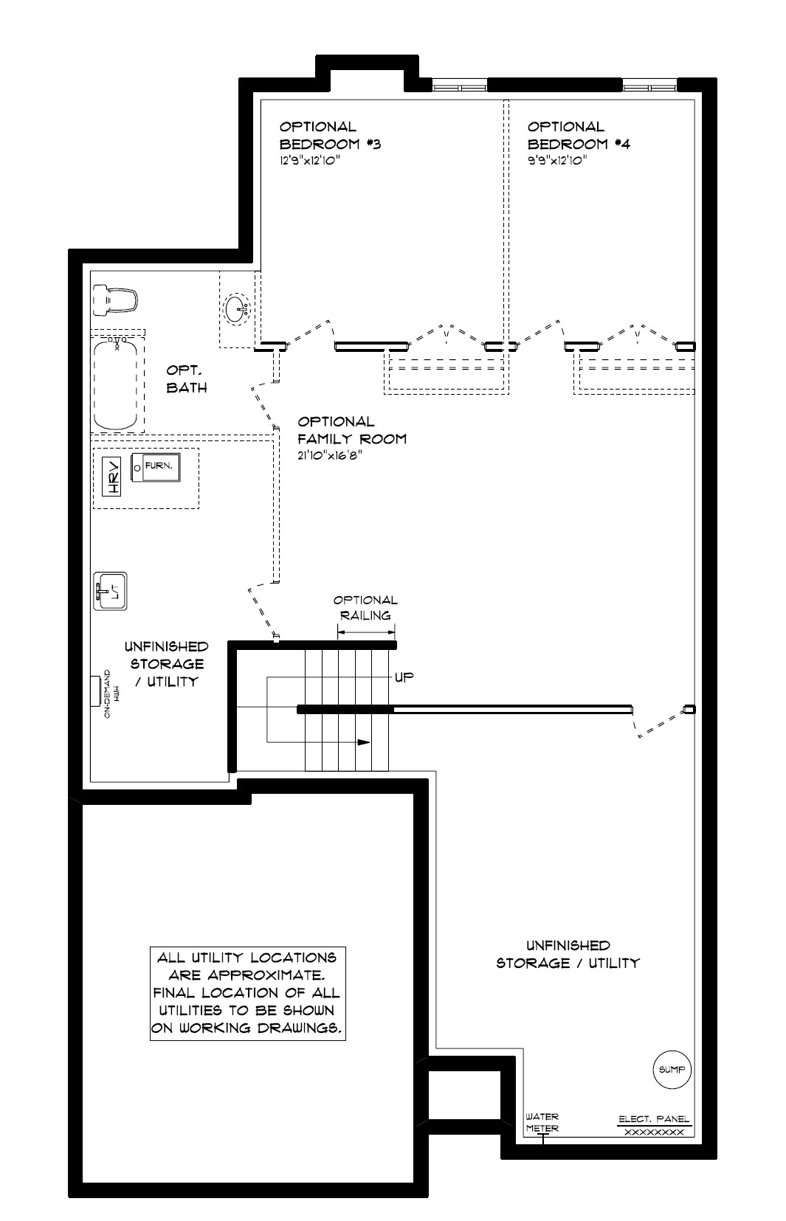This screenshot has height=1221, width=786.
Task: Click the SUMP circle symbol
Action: click(x=672, y=1069)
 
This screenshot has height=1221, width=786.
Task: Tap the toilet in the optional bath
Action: click(x=114, y=300)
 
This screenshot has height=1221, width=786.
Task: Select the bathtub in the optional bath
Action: click(x=115, y=383)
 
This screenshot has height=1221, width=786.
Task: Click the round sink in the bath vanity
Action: click(x=237, y=309)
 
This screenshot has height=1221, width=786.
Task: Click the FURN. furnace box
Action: click(x=156, y=467)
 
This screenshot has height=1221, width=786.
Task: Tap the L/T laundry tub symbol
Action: click(x=110, y=591)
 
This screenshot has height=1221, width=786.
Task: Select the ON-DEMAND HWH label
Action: click(x=111, y=693)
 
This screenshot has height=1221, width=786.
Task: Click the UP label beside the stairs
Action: click(x=404, y=677)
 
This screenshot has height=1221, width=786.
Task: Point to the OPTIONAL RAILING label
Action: click(x=365, y=608)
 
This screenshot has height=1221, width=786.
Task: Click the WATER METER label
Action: click(x=542, y=1122)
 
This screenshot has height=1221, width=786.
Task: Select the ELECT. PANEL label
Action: click(x=654, y=1118)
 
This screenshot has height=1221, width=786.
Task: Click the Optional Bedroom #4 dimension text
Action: click(x=557, y=162)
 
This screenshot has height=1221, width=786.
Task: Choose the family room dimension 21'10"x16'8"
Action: click(x=330, y=456)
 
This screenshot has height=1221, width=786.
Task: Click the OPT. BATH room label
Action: click(x=187, y=378)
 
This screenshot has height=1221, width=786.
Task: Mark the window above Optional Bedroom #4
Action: click(x=649, y=86)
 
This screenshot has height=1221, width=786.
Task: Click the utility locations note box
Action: click(x=248, y=993)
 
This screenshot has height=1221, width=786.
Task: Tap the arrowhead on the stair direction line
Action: click(x=364, y=742)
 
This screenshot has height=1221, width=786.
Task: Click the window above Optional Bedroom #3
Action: click(x=459, y=86)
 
